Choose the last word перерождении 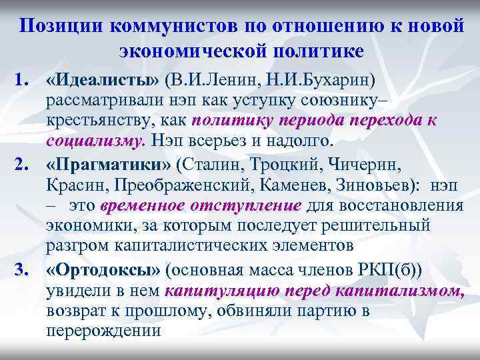click(x=104, y=329)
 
